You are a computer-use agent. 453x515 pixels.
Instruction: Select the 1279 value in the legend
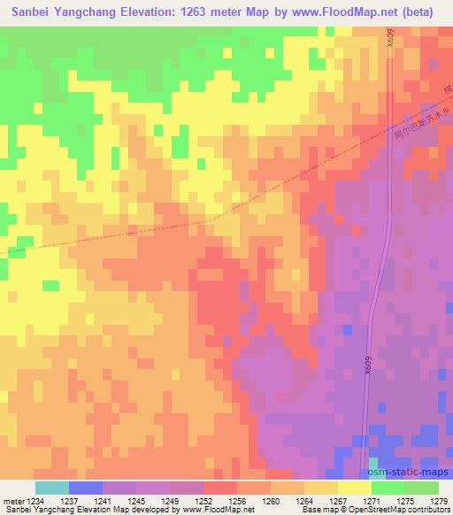point(438,500)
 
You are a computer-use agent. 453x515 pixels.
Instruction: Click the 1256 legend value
point(237,500)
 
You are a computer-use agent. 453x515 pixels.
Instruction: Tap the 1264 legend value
point(304,500)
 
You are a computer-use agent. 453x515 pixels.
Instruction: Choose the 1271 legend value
point(372,500)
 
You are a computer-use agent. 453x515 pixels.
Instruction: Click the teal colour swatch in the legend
point(52,488)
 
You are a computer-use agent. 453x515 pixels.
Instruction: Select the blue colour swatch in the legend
point(86,488)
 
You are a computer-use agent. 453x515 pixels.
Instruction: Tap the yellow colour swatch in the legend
point(354,488)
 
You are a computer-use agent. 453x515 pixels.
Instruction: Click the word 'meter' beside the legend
point(12,500)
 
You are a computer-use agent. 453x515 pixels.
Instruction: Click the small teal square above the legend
point(372,462)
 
